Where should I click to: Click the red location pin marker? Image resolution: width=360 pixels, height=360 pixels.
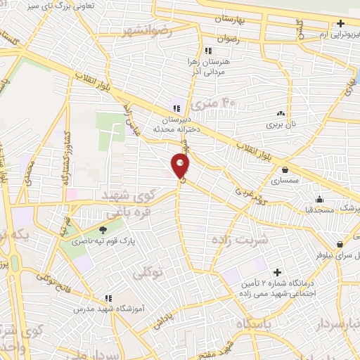(181, 167)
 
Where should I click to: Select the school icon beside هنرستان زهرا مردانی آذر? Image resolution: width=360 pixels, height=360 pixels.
(207, 51)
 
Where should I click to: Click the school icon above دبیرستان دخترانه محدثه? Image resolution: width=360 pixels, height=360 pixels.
(176, 108)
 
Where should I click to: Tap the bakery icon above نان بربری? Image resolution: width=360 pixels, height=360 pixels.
(281, 113)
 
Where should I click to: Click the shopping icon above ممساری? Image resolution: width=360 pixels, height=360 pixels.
(285, 169)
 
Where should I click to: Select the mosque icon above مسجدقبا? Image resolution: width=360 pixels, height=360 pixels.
(319, 198)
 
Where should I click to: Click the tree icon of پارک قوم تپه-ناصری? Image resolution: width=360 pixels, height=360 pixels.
(103, 229)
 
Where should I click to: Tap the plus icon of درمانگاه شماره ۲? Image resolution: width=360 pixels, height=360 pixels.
(278, 271)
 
